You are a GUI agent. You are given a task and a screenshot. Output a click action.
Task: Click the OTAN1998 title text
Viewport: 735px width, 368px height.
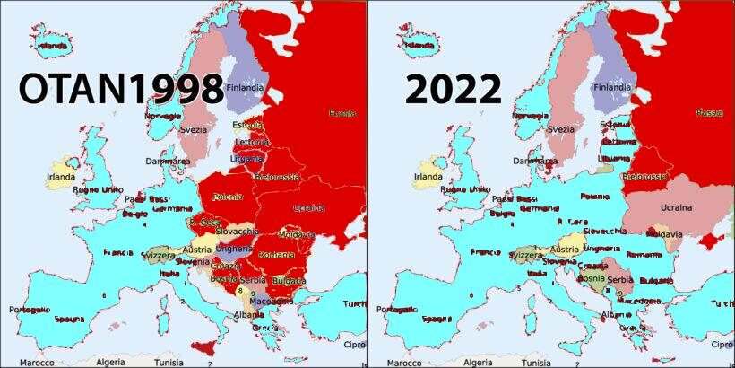click(x=121, y=90)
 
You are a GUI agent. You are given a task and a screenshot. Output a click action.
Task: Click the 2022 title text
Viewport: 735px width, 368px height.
click(x=453, y=90)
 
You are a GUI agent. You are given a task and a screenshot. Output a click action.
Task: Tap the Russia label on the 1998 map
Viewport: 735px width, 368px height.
click(x=342, y=113)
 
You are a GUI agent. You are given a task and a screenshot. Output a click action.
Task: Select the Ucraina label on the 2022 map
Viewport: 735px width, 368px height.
click(x=675, y=207)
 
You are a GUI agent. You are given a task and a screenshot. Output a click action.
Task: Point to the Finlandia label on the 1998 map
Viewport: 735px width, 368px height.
click(x=245, y=88)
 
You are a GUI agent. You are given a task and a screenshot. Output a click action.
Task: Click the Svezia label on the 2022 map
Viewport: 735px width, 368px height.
click(x=560, y=129)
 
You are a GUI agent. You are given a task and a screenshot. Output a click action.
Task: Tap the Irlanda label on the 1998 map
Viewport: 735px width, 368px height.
click(x=61, y=177)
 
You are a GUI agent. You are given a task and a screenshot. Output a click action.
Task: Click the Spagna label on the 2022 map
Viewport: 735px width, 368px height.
click(x=437, y=319)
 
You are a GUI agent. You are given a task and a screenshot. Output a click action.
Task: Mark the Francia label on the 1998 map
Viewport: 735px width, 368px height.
click(x=118, y=252)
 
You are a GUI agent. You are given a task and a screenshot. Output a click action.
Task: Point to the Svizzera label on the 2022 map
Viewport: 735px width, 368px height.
click(x=526, y=255)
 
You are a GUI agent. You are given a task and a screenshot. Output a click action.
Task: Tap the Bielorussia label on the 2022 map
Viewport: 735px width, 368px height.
click(x=644, y=177)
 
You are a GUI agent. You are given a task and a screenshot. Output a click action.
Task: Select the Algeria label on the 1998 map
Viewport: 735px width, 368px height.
click(x=110, y=363)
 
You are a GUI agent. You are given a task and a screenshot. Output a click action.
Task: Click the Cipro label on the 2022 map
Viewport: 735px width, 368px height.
click(x=722, y=345)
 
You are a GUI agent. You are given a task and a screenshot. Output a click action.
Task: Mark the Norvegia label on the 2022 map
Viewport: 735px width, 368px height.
click(x=531, y=116)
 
